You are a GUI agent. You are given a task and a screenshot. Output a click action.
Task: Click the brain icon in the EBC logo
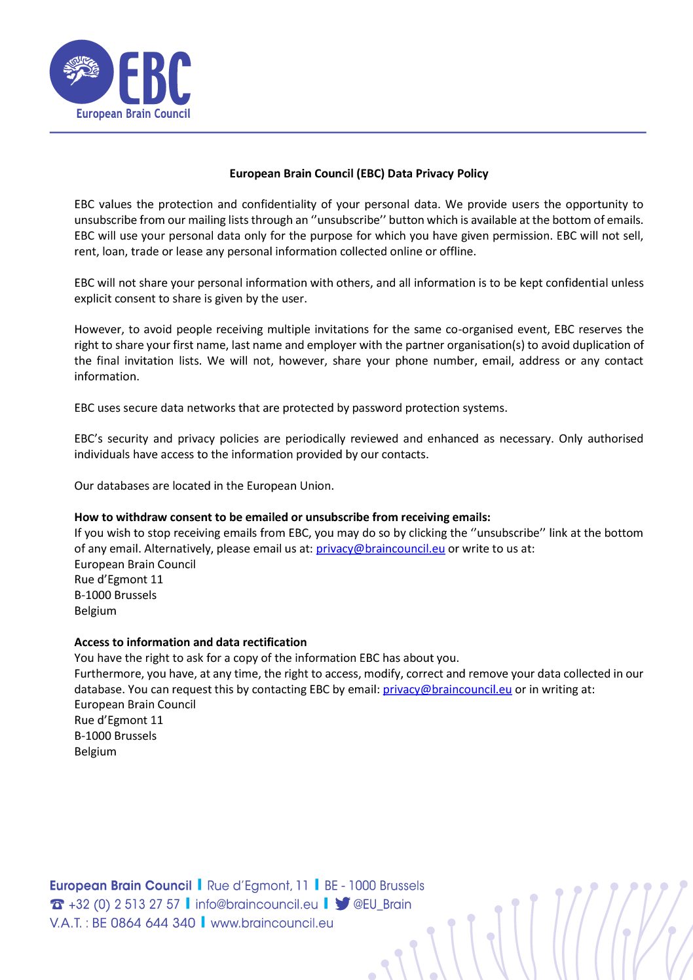(x=81, y=71)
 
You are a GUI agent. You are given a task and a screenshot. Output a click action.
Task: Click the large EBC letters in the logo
(x=155, y=79)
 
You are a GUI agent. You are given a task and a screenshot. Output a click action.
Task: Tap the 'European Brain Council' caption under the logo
(x=133, y=114)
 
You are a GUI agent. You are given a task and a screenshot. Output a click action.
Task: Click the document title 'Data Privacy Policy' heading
(x=358, y=173)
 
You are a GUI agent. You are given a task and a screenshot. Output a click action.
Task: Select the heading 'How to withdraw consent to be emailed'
(x=282, y=517)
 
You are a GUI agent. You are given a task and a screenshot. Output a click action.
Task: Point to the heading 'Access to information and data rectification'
(x=191, y=642)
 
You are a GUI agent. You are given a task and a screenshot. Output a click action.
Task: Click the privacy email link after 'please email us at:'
(x=380, y=549)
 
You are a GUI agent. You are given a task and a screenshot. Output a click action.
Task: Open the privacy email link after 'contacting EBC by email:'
(x=447, y=689)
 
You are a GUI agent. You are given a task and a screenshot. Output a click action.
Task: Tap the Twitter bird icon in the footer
(x=342, y=904)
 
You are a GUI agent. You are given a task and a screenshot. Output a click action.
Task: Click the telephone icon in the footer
(x=57, y=905)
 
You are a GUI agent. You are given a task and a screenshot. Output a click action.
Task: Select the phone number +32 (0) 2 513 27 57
(x=124, y=905)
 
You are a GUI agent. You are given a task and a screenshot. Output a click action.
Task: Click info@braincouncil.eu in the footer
(x=256, y=905)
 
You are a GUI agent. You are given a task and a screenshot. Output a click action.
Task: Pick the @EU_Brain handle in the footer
(x=383, y=905)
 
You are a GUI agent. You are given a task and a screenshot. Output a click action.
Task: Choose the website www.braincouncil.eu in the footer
(x=272, y=923)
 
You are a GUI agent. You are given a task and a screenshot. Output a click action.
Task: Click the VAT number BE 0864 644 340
(x=143, y=923)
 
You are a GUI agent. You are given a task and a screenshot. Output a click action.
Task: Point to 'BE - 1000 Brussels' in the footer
(x=374, y=886)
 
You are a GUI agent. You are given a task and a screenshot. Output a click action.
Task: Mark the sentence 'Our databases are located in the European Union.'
(x=204, y=486)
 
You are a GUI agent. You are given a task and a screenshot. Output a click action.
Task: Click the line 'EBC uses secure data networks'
(x=290, y=408)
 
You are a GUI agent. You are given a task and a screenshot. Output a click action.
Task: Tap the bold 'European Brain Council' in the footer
(x=121, y=886)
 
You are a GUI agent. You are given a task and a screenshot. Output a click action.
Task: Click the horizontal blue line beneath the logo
(x=347, y=132)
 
